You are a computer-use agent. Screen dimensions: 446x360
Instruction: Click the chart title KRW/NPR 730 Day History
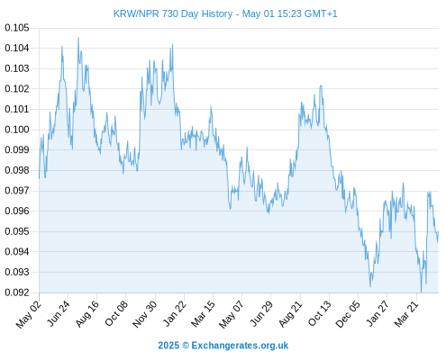click(x=173, y=13)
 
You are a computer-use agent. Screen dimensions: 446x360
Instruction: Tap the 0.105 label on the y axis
click(x=17, y=28)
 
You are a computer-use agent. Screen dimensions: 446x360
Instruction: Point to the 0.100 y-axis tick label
click(x=17, y=130)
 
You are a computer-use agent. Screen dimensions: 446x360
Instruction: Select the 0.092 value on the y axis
click(x=17, y=292)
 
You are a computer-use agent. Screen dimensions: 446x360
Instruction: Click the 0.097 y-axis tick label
click(x=17, y=191)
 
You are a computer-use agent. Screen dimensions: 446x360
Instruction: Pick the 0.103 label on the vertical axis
click(x=17, y=68)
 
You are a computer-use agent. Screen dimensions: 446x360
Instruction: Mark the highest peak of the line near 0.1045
click(x=78, y=38)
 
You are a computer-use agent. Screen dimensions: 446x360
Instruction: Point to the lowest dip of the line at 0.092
click(x=421, y=292)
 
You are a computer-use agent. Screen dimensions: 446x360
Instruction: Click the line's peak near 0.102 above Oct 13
click(x=321, y=85)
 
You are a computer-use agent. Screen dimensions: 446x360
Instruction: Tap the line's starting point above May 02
click(x=39, y=178)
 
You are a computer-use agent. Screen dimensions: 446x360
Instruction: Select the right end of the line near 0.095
click(x=439, y=231)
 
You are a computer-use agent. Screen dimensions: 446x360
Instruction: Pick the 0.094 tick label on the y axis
click(x=17, y=252)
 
